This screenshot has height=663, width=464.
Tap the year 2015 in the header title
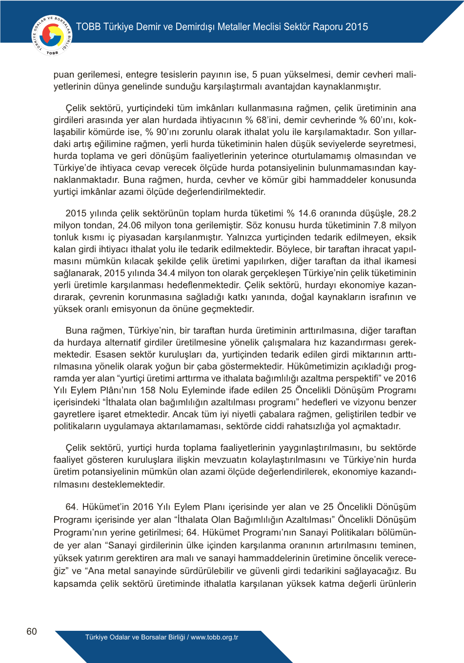[x=357, y=27]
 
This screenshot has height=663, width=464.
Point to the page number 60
[x=32, y=631]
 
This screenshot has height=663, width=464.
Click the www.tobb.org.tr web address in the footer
[x=214, y=637]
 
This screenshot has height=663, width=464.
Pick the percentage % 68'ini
[x=262, y=120]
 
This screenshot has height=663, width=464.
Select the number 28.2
[x=407, y=213]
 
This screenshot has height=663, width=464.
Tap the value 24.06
[x=130, y=225]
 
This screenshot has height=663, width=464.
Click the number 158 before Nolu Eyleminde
[x=148, y=390]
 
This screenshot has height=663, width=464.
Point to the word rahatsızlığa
[x=308, y=426]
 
